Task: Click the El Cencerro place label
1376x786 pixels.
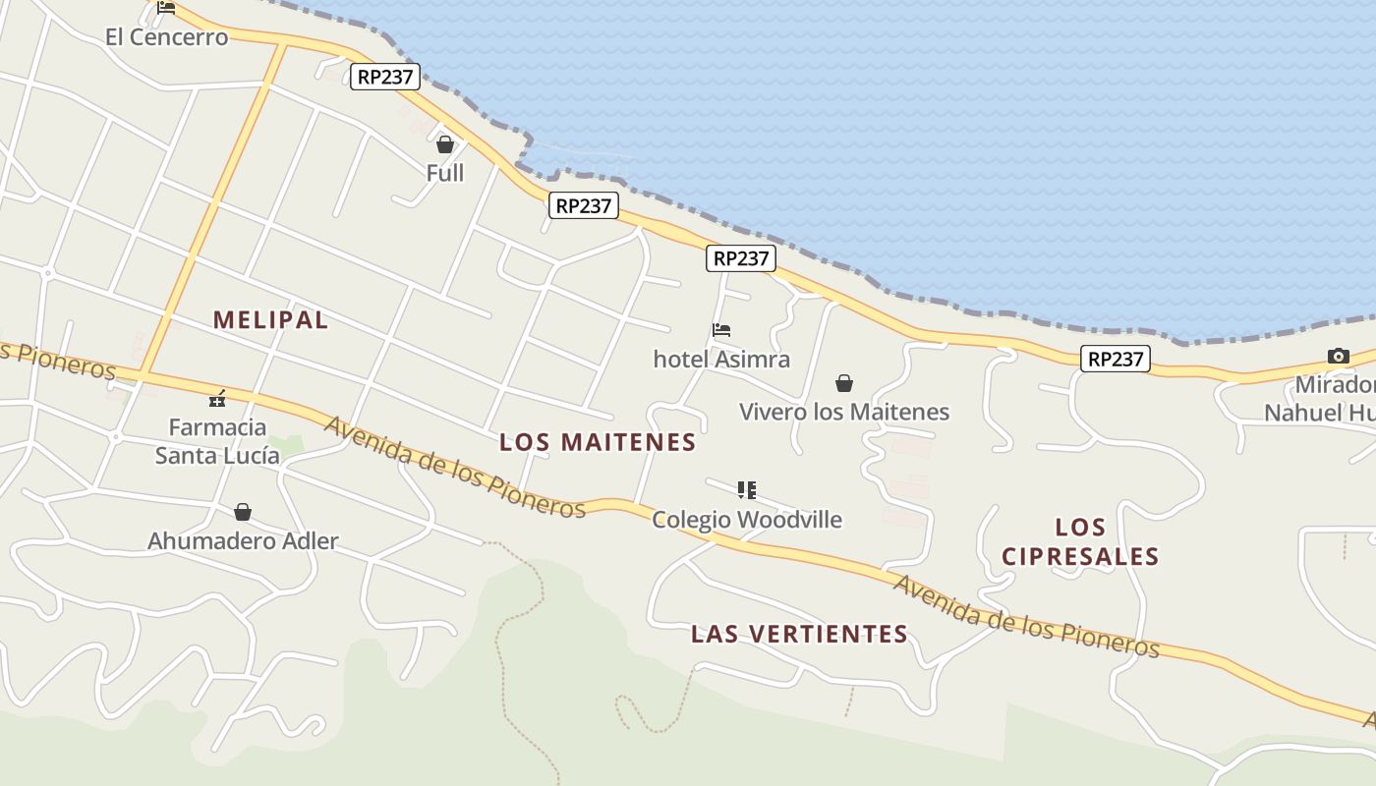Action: coord(166,37)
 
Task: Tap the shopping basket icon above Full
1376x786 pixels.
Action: coord(445,145)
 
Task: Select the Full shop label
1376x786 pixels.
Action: coord(445,173)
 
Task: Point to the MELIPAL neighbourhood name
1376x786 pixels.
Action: coord(270,319)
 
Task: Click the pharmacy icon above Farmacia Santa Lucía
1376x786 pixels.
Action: coord(217,399)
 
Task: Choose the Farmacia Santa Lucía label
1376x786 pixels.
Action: coord(217,441)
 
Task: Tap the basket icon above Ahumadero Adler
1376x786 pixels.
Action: coord(243,512)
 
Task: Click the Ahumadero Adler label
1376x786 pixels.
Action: coord(243,540)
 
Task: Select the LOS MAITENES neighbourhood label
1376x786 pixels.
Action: coord(598,442)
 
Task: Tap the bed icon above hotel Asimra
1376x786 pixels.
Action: coord(721,330)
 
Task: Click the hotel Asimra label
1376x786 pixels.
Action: coord(721,359)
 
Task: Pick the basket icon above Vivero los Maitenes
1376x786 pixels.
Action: coord(844,383)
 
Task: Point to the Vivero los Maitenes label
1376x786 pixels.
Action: coord(844,412)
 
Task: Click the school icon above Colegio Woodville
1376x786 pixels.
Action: coord(747,489)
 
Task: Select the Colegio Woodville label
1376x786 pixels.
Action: coord(747,519)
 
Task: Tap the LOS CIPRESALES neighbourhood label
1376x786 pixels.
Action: coord(1080,541)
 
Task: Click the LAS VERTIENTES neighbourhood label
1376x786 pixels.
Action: coord(799,634)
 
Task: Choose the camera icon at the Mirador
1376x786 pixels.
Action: coord(1338,356)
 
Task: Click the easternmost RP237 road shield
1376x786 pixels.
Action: coord(1116,359)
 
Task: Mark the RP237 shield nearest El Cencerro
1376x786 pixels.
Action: coord(385,77)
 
